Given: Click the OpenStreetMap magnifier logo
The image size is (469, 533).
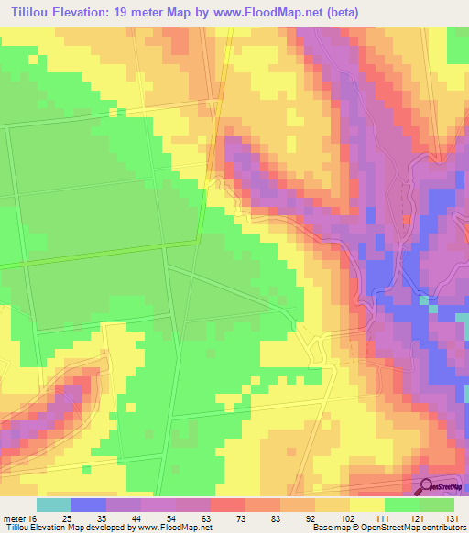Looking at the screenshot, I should pyautogui.click(x=429, y=486).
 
